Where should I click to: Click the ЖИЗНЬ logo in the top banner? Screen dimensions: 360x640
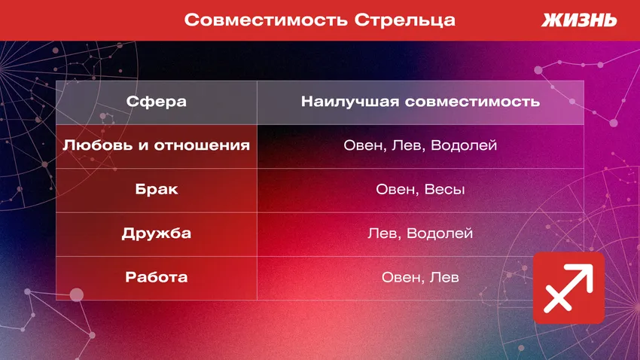578,20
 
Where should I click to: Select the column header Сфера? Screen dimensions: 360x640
157,102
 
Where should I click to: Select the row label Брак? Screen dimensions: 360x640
157,189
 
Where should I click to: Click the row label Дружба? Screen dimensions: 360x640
157,233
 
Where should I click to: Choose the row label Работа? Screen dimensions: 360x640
157,277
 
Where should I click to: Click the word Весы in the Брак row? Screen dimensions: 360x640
445,189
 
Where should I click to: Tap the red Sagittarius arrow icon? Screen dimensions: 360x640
568,288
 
